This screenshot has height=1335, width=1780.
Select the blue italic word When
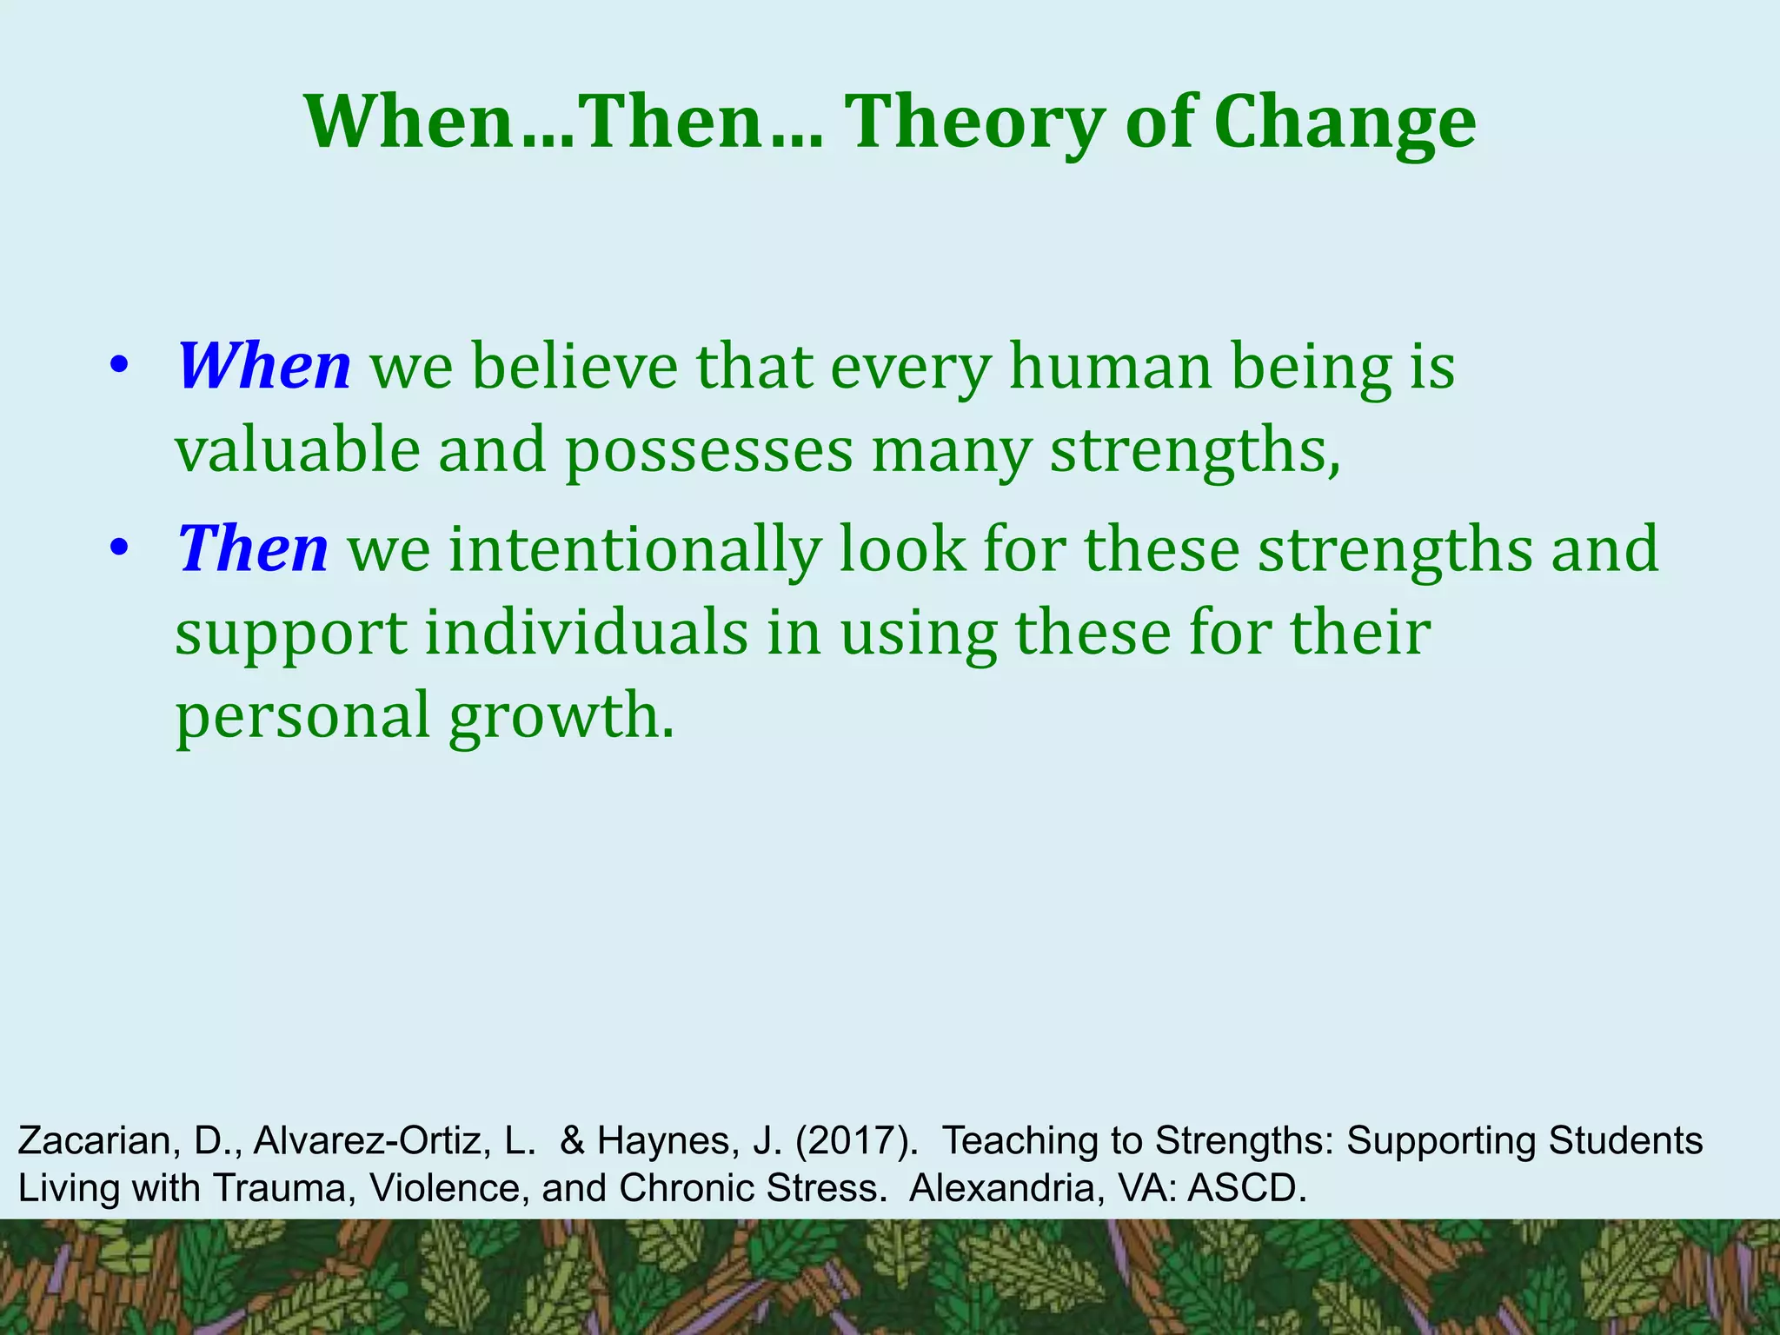click(x=264, y=366)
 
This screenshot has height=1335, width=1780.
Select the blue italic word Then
click(x=253, y=549)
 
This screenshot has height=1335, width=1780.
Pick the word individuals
click(x=586, y=633)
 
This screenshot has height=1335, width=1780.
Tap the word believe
click(x=575, y=366)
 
